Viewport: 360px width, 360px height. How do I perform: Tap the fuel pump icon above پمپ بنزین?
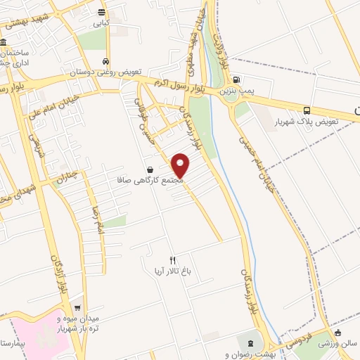point(236,79)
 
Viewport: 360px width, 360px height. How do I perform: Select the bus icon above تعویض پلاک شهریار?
point(307,110)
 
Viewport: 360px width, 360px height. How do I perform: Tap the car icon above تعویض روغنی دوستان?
point(105,61)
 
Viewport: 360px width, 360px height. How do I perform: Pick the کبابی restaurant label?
point(103,22)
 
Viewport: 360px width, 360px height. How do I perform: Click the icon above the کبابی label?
point(103,12)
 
